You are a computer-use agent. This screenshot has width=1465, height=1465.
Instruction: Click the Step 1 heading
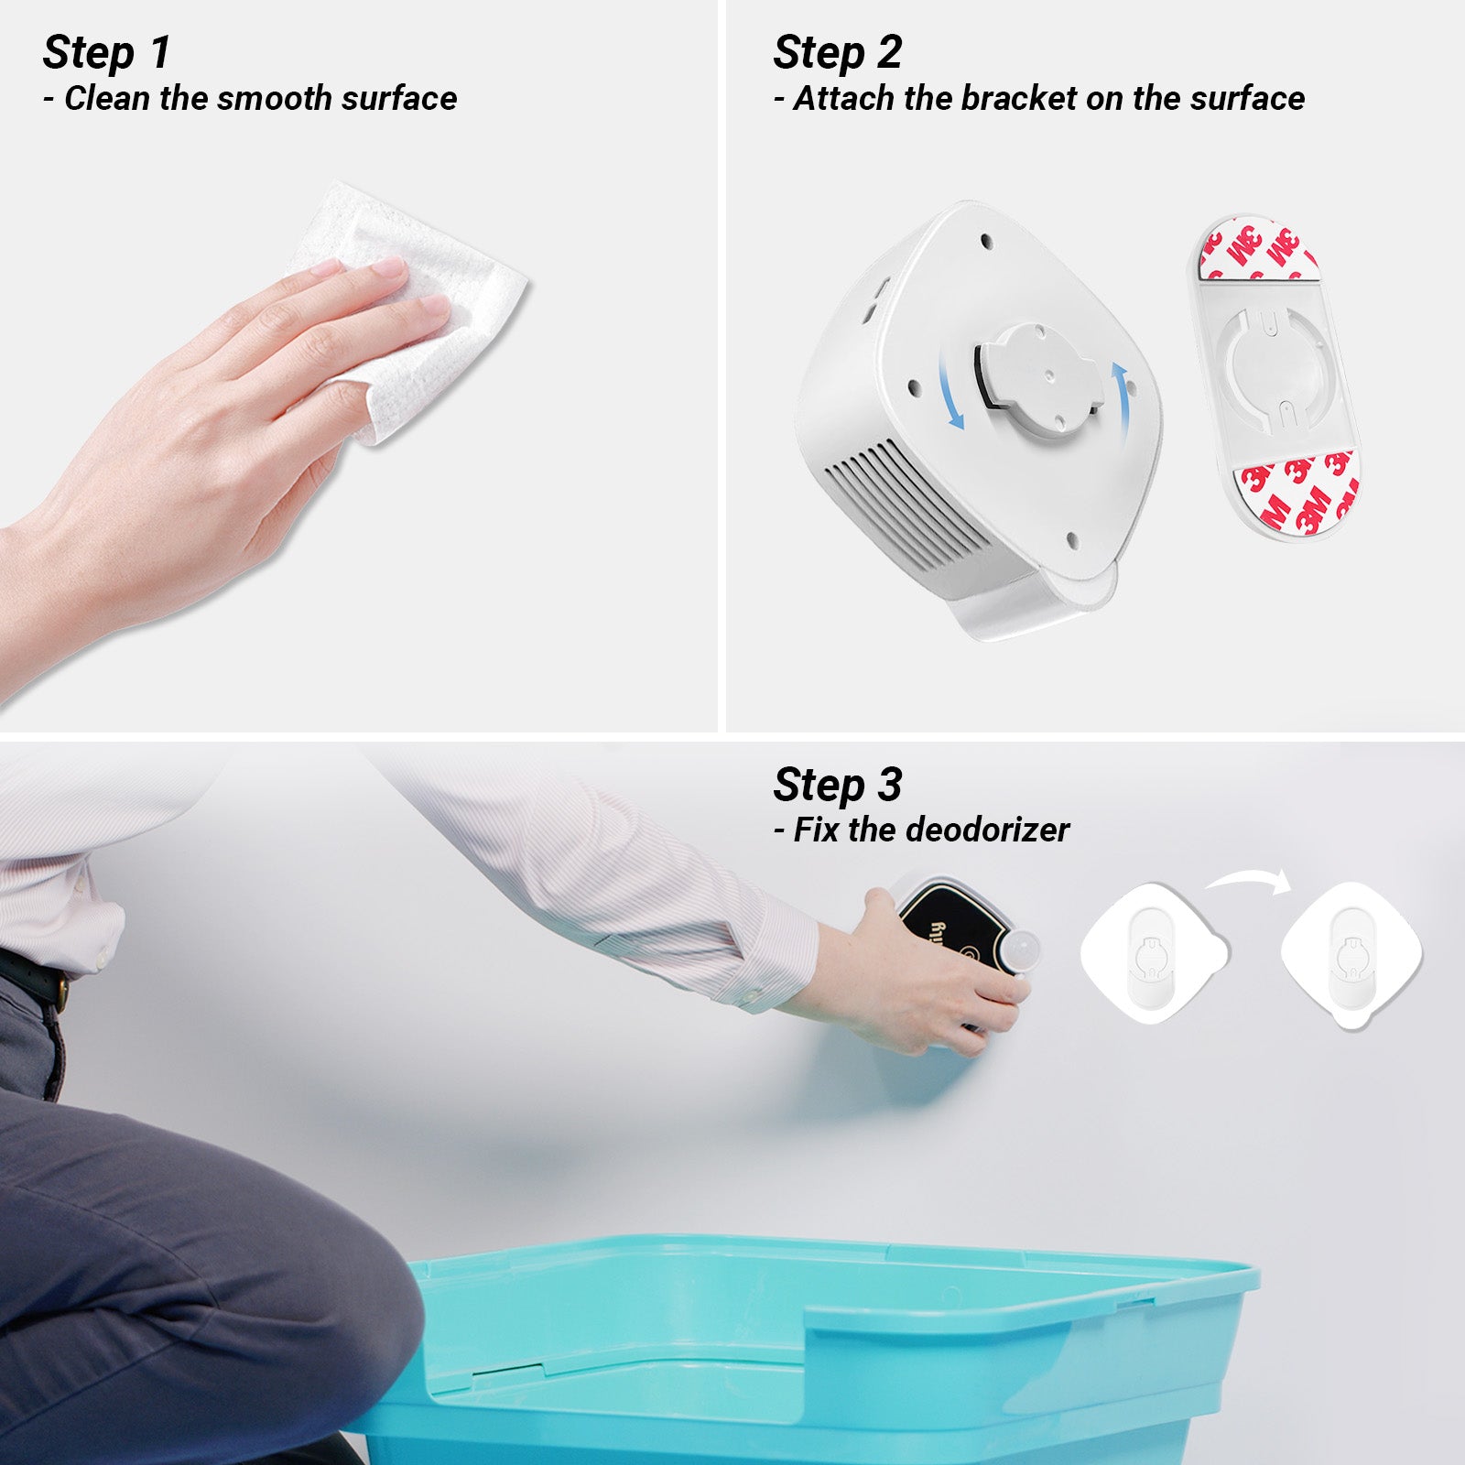pyautogui.click(x=106, y=52)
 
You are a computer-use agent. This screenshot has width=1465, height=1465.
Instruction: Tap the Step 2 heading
pyautogui.click(x=837, y=52)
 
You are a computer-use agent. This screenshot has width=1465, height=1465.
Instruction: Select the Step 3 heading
pyautogui.click(x=837, y=785)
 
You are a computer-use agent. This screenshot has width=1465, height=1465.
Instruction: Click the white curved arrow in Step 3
pyautogui.click(x=1247, y=881)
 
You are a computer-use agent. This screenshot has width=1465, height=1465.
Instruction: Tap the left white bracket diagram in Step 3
pyautogui.click(x=1154, y=952)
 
